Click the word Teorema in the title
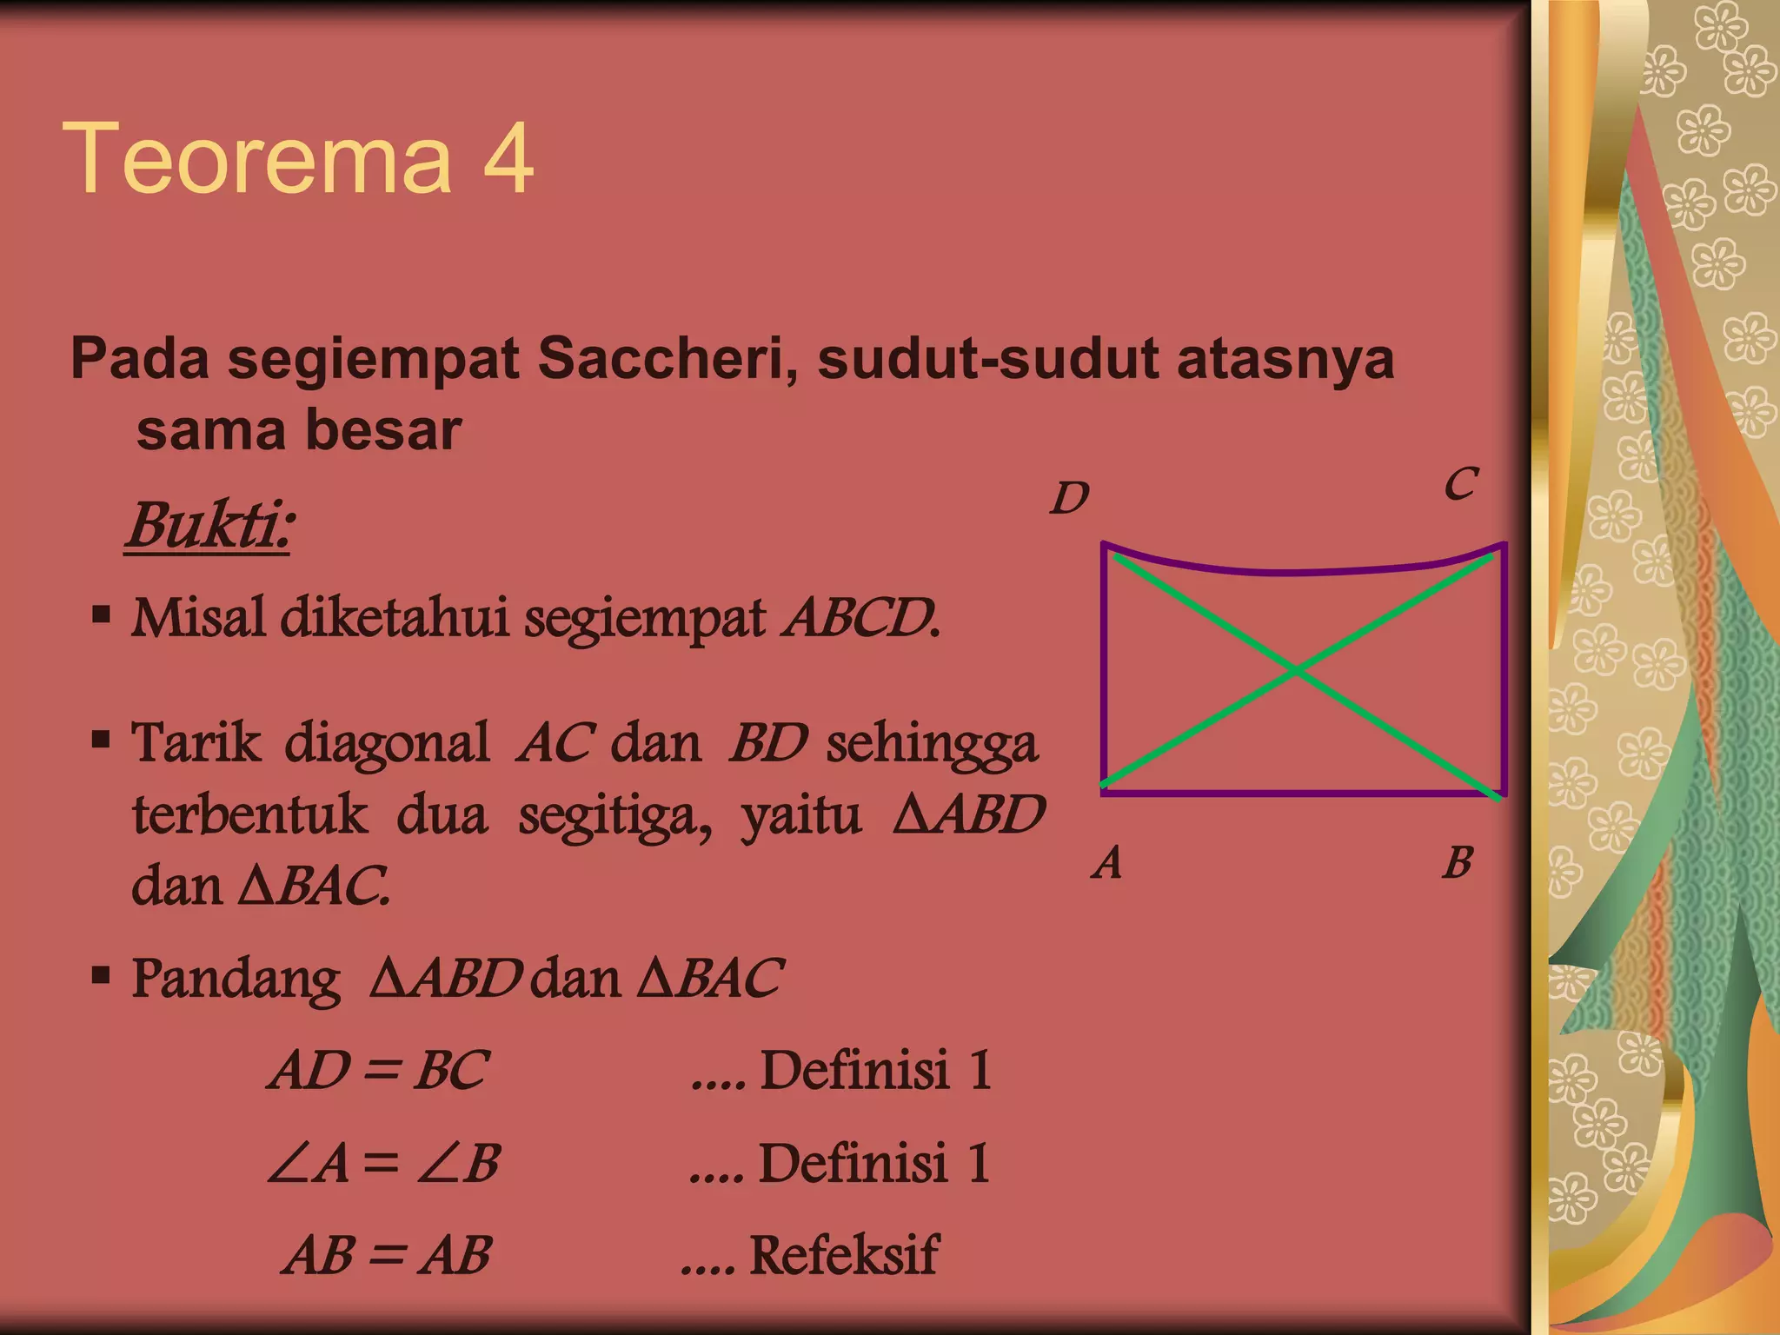point(257,159)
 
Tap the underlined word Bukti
point(209,525)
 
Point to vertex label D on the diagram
point(1069,499)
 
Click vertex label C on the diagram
point(1461,484)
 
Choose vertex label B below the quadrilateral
point(1458,863)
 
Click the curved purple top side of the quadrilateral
point(1295,572)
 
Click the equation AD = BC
point(378,1070)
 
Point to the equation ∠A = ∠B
point(383,1163)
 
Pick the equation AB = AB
point(387,1255)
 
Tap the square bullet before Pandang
point(102,974)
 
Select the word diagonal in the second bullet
point(387,744)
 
